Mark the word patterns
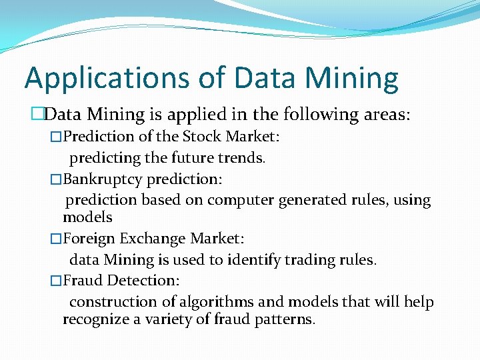pos(282,319)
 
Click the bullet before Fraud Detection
pos(56,281)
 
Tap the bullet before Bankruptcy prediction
pos(56,179)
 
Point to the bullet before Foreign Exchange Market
pos(56,238)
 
